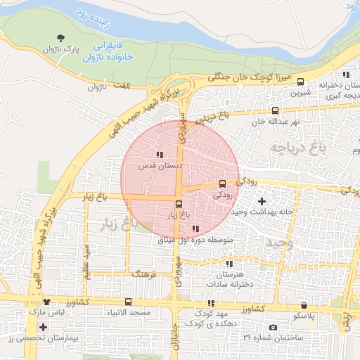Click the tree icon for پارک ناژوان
click(60, 38)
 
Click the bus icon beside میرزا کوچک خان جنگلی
click(301, 82)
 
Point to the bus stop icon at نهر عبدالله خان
click(275, 110)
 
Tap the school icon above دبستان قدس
click(160, 155)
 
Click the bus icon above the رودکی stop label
click(223, 184)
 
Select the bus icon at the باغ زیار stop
click(178, 205)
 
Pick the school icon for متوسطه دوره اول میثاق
click(195, 229)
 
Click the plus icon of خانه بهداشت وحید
click(262, 201)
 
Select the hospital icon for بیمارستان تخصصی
click(44, 328)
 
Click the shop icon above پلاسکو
click(303, 306)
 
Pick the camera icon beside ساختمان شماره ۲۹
click(272, 328)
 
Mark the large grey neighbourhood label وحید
click(279, 243)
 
